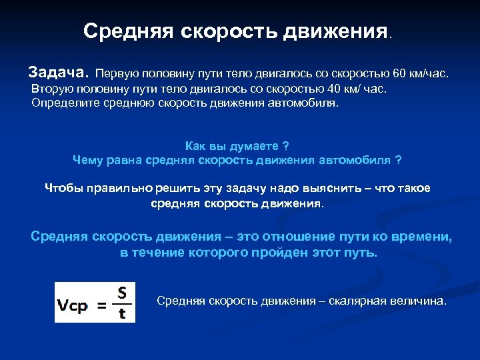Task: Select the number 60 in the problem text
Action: tap(399, 72)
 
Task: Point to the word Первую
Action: tap(120, 72)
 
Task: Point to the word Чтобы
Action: tap(63, 188)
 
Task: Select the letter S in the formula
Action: tap(122, 293)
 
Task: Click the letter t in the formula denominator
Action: tap(122, 313)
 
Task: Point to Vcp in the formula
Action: tap(73, 307)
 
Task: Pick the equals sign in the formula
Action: tap(103, 307)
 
